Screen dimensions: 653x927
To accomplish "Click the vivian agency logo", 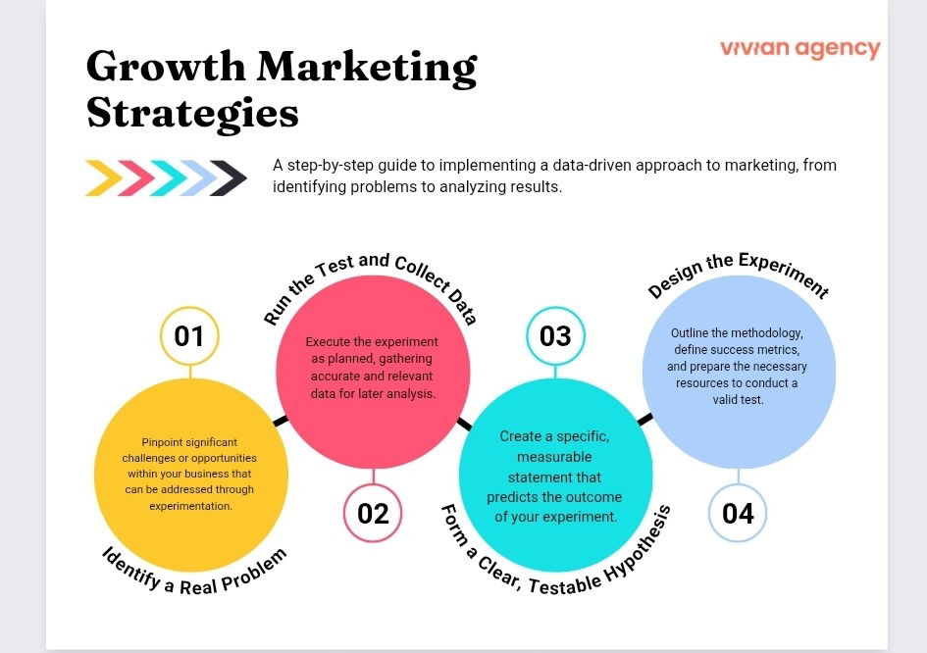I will point(799,49).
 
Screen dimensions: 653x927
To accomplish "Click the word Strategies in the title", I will point(192,113).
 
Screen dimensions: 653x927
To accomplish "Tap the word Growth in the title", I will point(164,67).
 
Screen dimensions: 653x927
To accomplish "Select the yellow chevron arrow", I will point(103,177).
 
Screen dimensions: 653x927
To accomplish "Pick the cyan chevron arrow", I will point(166,177).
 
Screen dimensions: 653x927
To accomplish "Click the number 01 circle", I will point(188,336).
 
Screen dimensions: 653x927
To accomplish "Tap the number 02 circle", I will point(373,513).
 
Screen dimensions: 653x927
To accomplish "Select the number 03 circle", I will point(555,336).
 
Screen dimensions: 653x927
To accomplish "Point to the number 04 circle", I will point(738,513).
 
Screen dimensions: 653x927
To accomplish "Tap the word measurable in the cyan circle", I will point(555,457).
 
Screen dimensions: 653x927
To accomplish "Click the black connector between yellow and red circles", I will point(281,421).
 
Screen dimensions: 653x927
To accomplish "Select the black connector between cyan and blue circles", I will point(644,419).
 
